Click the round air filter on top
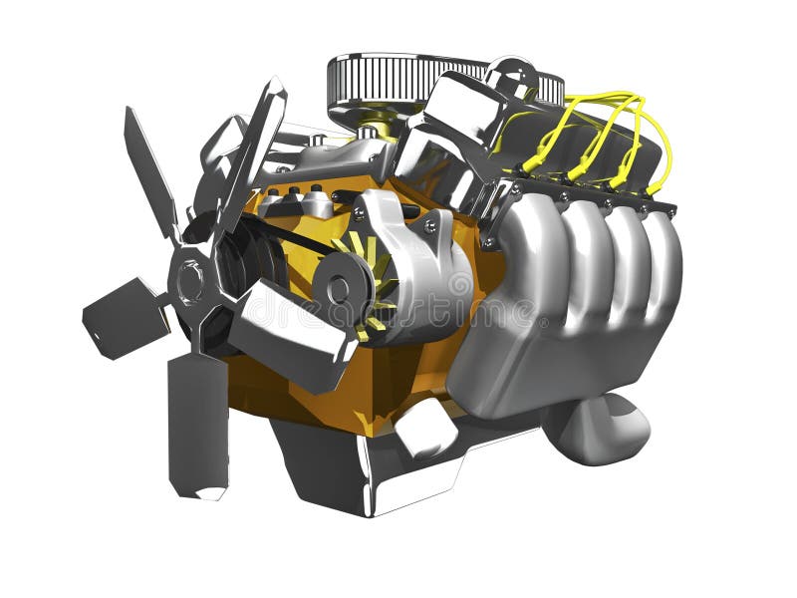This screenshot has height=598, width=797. click(403, 80)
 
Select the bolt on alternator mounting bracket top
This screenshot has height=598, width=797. click(429, 226)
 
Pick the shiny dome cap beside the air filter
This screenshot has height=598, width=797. click(458, 115)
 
